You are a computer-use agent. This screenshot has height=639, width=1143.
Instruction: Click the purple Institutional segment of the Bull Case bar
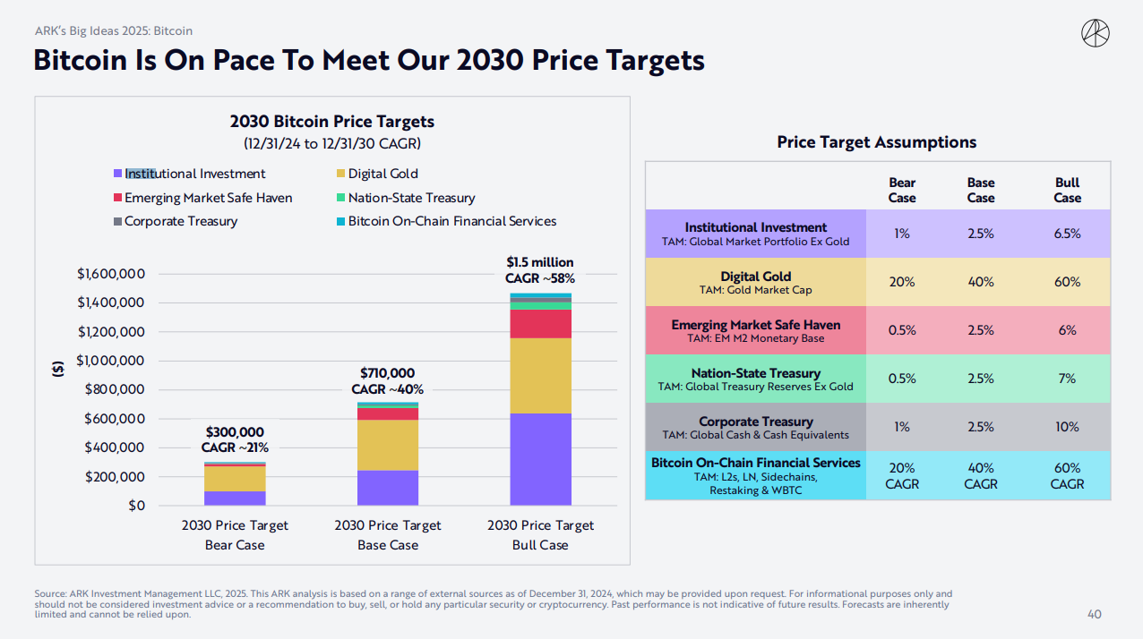tap(540, 459)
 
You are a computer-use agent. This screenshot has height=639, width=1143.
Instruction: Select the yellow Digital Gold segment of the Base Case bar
tap(387, 445)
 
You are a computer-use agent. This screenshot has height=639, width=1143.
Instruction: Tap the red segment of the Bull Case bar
tap(540, 324)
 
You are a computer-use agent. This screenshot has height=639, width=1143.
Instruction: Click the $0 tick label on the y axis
tap(135, 506)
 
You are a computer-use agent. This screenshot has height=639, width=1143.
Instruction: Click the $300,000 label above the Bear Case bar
tap(235, 432)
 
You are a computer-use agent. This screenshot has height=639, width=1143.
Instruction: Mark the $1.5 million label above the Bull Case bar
tap(540, 262)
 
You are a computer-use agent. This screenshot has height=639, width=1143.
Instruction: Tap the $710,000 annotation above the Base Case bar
tap(387, 373)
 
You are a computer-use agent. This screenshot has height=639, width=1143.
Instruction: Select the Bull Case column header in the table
tap(1067, 190)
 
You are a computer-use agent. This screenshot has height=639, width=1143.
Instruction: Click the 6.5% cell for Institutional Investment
tap(1067, 234)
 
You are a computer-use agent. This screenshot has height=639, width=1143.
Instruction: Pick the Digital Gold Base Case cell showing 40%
tap(981, 282)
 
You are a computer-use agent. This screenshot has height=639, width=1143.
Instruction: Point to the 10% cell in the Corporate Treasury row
tap(1067, 427)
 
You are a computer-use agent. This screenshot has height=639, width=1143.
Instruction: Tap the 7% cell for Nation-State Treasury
tap(1067, 379)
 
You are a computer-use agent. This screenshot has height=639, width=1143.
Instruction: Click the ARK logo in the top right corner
tap(1096, 34)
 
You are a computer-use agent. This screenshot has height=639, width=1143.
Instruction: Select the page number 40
tap(1094, 614)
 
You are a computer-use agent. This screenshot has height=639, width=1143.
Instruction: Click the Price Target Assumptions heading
tap(876, 142)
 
